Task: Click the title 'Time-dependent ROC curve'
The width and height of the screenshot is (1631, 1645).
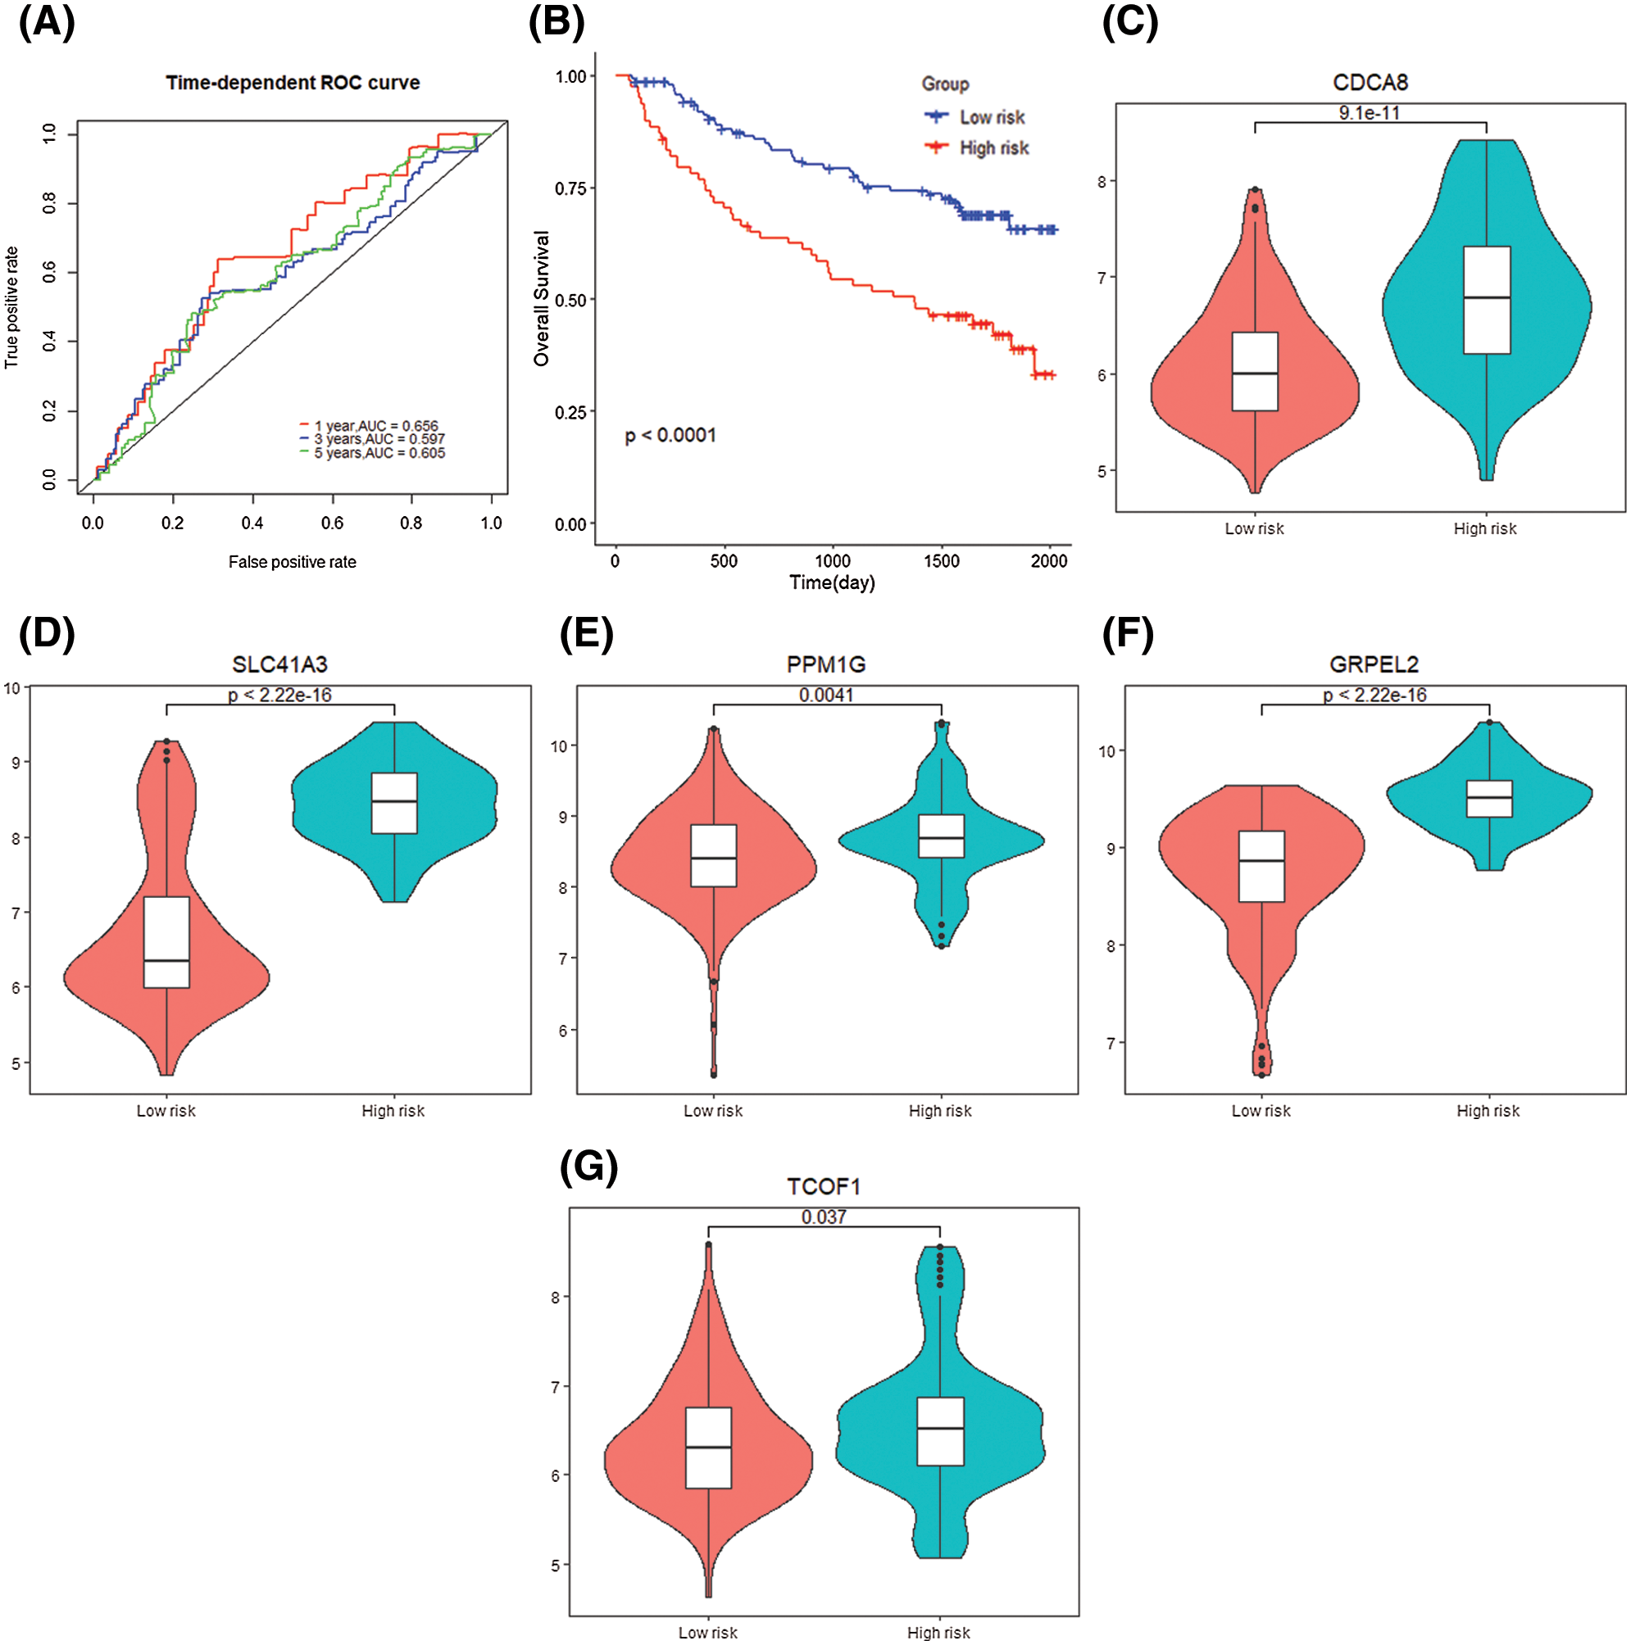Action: click(292, 83)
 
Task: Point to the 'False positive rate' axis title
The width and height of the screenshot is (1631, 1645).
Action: click(292, 562)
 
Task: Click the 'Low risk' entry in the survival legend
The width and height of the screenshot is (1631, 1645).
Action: click(992, 117)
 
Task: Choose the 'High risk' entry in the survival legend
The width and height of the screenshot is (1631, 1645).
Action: click(993, 148)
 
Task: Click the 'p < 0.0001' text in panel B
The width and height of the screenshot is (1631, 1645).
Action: click(670, 436)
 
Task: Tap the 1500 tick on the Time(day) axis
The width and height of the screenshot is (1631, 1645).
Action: click(941, 561)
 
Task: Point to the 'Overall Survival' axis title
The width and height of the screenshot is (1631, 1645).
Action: click(542, 299)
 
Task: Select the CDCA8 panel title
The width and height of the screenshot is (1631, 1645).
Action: click(1370, 83)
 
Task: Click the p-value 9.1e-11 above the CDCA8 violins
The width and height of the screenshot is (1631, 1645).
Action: click(1369, 113)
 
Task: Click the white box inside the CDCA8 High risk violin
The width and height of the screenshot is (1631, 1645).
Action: click(1486, 300)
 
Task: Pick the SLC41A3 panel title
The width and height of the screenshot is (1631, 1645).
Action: click(279, 665)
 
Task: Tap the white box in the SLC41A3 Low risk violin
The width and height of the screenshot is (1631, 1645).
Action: click(167, 942)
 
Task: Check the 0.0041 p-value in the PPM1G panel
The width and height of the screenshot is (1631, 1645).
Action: click(826, 696)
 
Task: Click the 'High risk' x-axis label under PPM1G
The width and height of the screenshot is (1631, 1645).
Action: click(939, 1111)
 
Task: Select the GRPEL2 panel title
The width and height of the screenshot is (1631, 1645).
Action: click(1374, 665)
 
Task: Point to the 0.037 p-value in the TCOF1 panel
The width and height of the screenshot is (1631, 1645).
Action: click(824, 1217)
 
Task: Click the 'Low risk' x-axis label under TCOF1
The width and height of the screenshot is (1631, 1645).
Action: click(708, 1632)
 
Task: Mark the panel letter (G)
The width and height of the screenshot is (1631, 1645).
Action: click(588, 1167)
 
